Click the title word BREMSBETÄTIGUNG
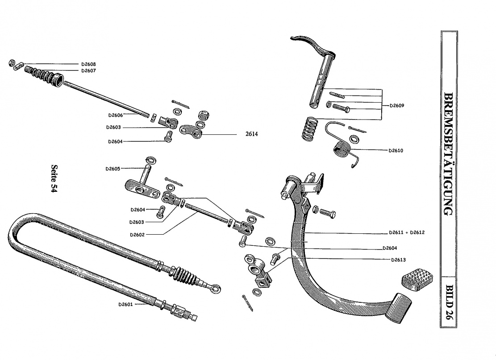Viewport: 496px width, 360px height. point(449,154)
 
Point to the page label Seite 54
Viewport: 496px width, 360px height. point(55,178)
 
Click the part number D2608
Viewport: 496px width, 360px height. point(88,64)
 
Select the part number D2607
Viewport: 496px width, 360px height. point(88,70)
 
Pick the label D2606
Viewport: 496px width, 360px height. point(115,115)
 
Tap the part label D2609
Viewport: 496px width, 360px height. point(396,106)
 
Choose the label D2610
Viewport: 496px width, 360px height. point(396,150)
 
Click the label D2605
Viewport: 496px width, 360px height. point(113,169)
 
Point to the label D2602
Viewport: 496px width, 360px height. point(137,235)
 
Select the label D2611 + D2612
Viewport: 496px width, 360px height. point(406,232)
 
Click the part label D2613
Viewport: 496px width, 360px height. point(398,260)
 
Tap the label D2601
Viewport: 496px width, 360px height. point(125,305)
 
